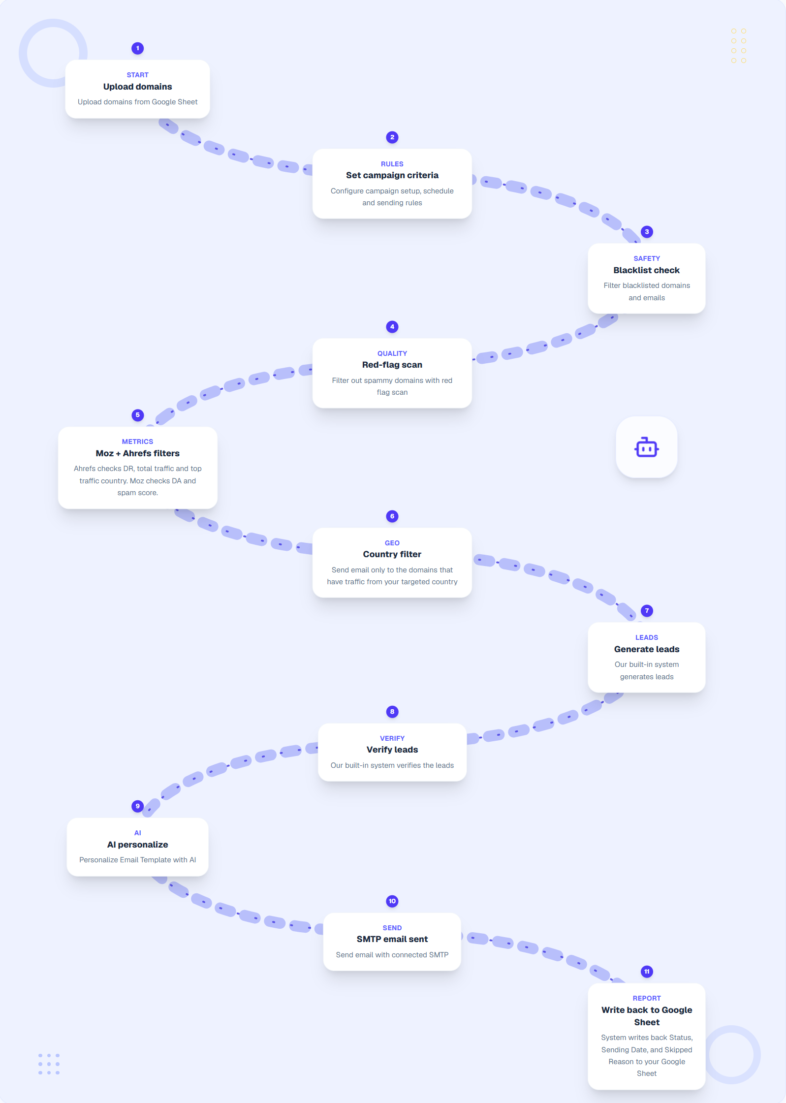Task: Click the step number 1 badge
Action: [x=138, y=48]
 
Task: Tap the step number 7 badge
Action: [x=647, y=611]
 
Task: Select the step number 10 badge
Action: [x=392, y=901]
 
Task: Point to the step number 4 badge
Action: [x=392, y=327]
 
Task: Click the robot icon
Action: [x=647, y=447]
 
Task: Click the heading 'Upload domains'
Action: [x=138, y=87]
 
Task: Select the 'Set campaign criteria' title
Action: [x=392, y=175]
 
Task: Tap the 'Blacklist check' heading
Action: [x=647, y=270]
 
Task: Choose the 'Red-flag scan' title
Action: [x=392, y=365]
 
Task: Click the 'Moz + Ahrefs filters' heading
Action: [x=138, y=453]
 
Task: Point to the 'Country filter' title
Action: [x=392, y=554]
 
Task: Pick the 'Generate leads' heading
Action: [x=647, y=649]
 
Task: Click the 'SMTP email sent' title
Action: [x=392, y=939]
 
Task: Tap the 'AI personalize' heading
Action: [x=138, y=845]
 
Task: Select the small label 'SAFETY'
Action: [x=647, y=258]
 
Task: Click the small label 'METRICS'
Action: [x=138, y=441]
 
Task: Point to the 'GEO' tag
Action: [x=392, y=543]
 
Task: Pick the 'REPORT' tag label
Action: [x=647, y=998]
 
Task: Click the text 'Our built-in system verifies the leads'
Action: [x=392, y=765]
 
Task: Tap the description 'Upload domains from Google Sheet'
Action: [x=138, y=102]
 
